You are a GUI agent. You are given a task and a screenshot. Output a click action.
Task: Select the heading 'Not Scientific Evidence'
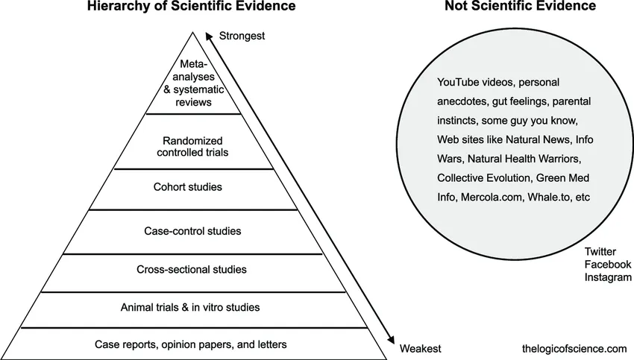(519, 7)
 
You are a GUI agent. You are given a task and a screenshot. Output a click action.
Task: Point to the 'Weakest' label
(421, 349)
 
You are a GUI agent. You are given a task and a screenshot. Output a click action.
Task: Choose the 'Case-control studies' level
(192, 231)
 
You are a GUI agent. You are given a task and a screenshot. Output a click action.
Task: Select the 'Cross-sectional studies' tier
(192, 269)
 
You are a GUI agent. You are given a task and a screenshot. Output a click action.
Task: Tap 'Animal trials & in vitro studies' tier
(190, 307)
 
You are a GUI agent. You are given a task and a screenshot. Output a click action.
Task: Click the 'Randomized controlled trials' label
(192, 145)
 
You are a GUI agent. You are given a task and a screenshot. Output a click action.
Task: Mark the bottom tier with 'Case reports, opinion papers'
(191, 344)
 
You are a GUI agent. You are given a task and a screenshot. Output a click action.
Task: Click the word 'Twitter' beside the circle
(600, 252)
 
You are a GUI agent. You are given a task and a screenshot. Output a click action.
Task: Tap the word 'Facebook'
(608, 265)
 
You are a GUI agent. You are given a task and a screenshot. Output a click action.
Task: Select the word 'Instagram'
(608, 277)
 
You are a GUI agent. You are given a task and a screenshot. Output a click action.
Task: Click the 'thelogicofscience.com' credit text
(575, 349)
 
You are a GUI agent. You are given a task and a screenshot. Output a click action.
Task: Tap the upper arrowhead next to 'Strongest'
(210, 35)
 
